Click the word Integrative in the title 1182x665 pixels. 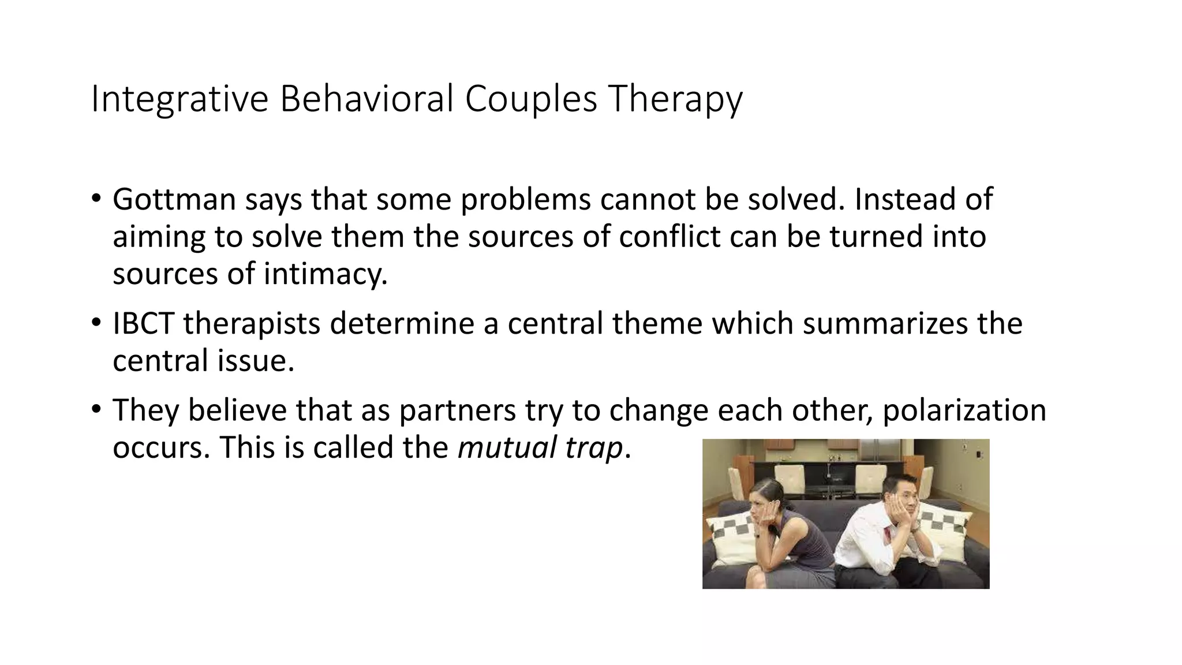179,99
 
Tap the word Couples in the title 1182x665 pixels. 530,99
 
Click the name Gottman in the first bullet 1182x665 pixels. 174,200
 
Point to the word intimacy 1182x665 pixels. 326,274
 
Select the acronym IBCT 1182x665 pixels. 143,323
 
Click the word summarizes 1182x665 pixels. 884,323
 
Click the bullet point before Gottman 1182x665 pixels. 96,199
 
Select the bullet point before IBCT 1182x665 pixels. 96,323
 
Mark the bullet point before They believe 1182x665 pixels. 96,410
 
